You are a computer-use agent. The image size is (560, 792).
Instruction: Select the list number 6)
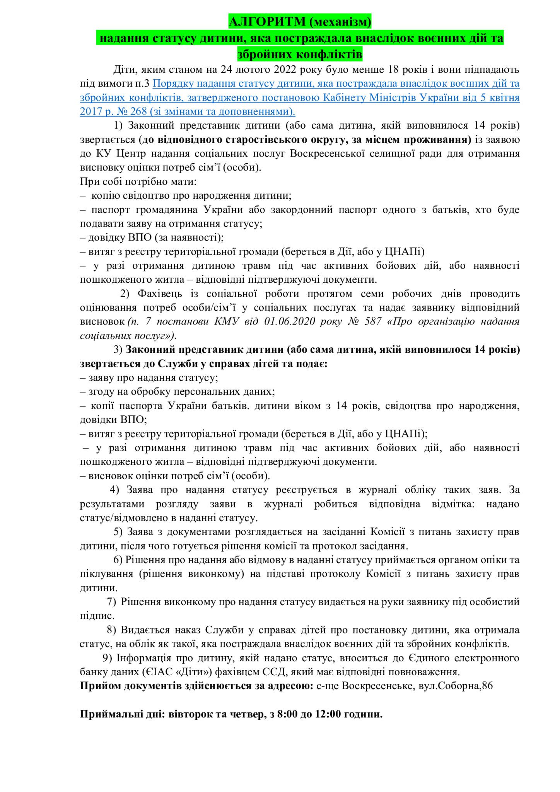pyautogui.click(x=118, y=560)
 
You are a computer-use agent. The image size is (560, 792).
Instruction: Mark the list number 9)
pyautogui.click(x=107, y=658)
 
